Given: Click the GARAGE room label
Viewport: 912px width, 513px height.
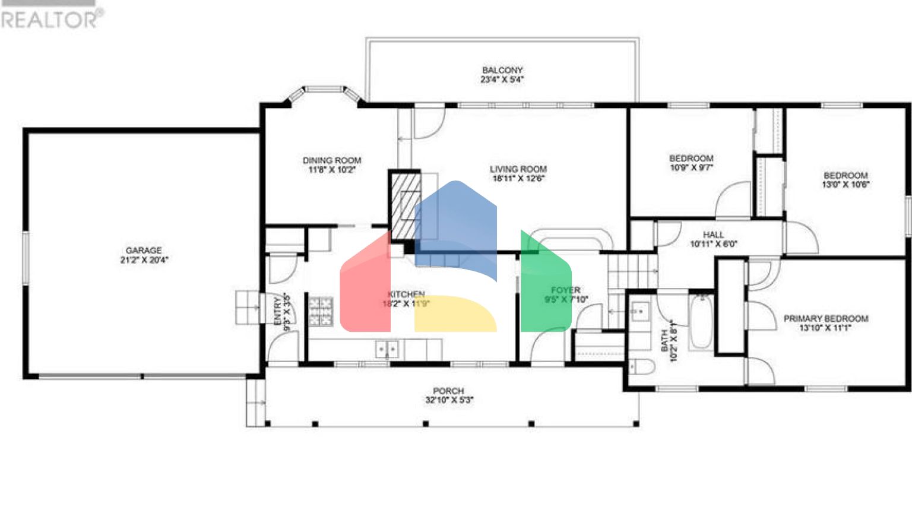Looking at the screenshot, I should pos(144,251).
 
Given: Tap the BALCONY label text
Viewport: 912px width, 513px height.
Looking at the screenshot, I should pos(502,70).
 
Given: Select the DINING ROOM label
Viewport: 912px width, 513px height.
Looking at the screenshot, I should pos(332,160).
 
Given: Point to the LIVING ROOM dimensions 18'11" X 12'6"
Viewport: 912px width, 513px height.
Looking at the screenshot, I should pos(518,178).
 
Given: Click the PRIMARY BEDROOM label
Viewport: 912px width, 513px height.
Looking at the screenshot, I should pos(825,319).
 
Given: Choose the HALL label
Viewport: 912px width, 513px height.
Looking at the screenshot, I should pos(713,235).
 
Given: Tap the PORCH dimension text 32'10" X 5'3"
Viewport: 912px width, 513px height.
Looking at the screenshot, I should pos(449,400).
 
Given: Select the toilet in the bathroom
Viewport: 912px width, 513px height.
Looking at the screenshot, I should pos(641,366).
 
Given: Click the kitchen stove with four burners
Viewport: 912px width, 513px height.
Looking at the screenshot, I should pos(321,312).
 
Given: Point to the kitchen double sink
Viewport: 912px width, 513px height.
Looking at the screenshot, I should pos(387,349).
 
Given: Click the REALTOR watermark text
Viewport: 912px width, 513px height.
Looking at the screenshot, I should pos(51,19).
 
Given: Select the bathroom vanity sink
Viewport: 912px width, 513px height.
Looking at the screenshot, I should pos(640,311).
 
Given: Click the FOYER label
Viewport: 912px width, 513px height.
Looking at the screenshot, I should pos(565,290).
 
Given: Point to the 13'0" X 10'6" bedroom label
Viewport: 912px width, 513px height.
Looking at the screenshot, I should pos(845,185).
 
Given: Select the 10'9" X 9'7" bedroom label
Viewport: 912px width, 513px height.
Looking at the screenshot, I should pos(691,167).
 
